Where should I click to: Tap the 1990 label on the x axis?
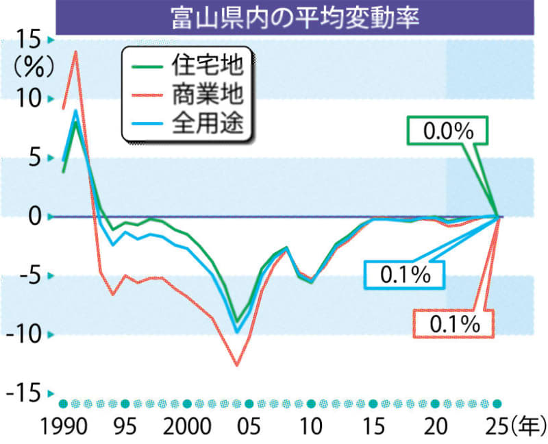pos(63,425)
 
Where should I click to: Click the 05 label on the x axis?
pos(249,425)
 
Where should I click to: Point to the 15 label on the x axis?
pos(373,425)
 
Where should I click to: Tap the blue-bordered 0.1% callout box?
pos(405,274)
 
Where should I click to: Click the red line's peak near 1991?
pos(75,51)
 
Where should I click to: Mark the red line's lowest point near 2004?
pos(237,365)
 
